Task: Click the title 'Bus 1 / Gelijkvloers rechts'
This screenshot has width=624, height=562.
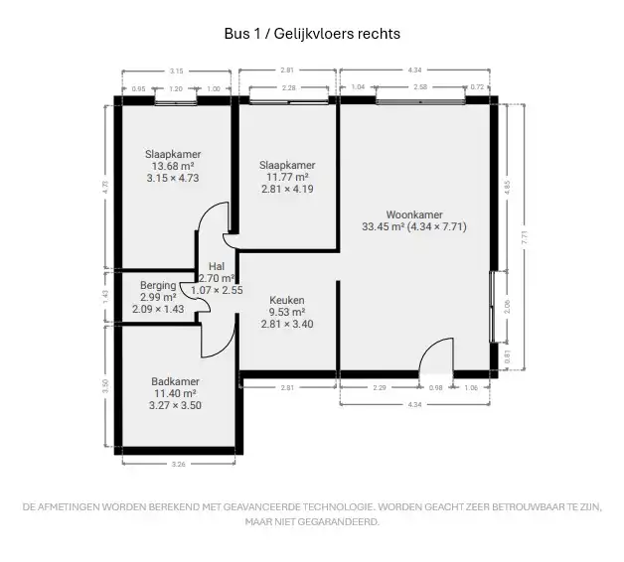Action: coord(312,34)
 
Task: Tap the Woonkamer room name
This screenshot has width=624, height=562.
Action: coord(414,213)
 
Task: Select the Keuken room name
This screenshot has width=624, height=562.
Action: coord(287,300)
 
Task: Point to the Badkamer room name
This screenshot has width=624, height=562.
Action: coord(175,381)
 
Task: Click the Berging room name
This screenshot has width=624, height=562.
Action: coord(158,285)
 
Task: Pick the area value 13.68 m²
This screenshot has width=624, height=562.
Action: coord(173,167)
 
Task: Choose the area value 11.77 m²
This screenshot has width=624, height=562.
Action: coord(287,177)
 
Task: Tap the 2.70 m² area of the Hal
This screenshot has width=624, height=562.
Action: coord(217,279)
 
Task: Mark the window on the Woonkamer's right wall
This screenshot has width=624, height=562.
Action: coord(494,306)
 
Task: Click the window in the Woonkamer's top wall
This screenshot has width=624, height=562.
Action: coord(418,101)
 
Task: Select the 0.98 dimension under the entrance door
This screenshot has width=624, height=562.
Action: coord(435,387)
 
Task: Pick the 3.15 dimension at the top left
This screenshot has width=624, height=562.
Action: coord(177,70)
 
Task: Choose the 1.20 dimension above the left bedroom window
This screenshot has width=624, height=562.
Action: coord(177,88)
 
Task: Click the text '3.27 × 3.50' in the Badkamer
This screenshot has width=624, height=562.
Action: coord(175,405)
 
